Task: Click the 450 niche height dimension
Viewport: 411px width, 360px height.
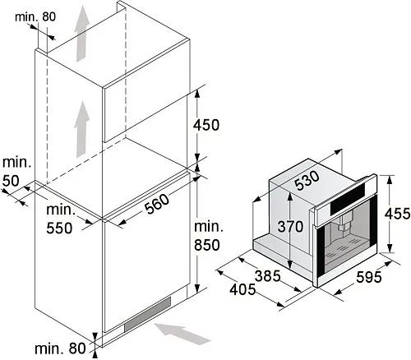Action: click(206, 125)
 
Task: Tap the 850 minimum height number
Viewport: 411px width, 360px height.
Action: click(207, 245)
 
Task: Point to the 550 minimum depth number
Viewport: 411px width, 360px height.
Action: click(59, 228)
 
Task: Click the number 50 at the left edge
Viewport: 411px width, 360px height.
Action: click(11, 181)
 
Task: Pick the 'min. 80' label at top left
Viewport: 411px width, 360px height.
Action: click(35, 17)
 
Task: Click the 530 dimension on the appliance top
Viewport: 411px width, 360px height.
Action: click(307, 181)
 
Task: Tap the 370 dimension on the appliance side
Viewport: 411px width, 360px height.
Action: click(290, 227)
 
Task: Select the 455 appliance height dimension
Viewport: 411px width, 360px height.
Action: click(397, 214)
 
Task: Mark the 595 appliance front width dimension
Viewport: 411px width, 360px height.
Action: click(368, 277)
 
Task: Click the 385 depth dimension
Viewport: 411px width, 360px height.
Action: click(268, 276)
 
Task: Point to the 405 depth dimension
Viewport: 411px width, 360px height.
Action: click(242, 289)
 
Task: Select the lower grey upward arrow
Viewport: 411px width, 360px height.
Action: click(82, 129)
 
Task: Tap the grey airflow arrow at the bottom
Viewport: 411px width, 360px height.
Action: click(182, 333)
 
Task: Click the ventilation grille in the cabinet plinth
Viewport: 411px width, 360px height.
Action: click(147, 314)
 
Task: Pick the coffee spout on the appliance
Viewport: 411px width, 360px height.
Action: click(345, 223)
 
